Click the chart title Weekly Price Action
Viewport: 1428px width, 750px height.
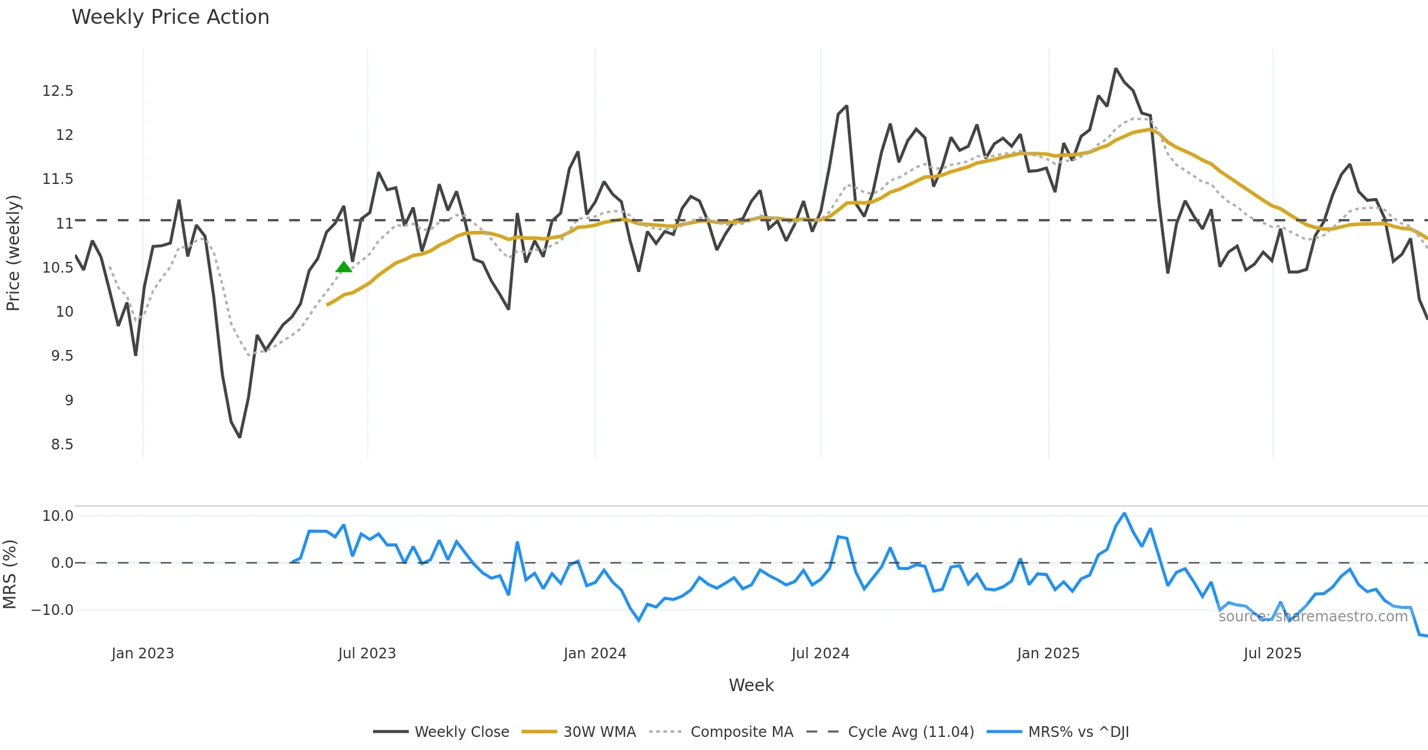[x=170, y=17]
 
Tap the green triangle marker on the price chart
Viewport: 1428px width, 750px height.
[x=343, y=267]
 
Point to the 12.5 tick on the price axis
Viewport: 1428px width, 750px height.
[x=58, y=91]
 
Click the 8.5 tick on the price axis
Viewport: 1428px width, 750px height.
[x=62, y=445]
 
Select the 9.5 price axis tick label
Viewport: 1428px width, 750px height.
[x=62, y=356]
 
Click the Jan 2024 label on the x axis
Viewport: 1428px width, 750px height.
[x=595, y=654]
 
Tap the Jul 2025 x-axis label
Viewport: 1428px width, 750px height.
[x=1272, y=654]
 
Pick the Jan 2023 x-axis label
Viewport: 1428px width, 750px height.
[x=143, y=654]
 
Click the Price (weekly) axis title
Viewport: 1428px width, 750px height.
[x=13, y=253]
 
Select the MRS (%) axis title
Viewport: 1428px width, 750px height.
[x=10, y=574]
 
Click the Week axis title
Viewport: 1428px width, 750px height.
[x=751, y=686]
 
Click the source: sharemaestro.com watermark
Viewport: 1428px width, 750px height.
[x=1313, y=617]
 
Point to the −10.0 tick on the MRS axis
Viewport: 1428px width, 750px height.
[x=52, y=610]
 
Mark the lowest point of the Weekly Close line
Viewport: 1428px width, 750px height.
[x=240, y=437]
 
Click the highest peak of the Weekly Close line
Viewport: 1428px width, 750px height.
[x=1116, y=69]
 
